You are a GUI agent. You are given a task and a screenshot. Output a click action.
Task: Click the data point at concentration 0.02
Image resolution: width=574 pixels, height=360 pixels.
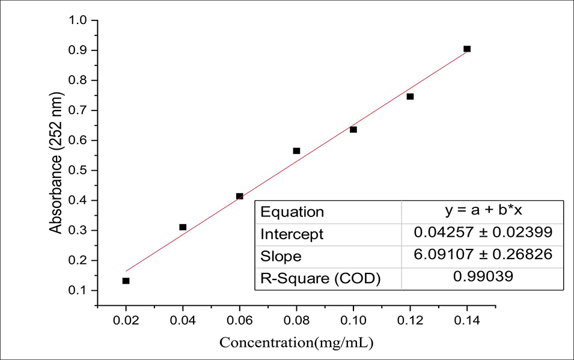point(126,281)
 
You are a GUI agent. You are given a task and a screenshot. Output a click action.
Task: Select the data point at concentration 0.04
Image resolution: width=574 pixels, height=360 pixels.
point(183,227)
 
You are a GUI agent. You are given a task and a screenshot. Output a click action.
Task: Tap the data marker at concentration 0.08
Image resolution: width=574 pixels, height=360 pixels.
point(296,151)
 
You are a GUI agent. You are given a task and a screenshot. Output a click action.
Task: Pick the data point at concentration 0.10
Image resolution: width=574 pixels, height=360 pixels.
point(353,130)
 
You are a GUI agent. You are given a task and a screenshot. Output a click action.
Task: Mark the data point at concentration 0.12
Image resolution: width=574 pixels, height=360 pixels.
point(410,96)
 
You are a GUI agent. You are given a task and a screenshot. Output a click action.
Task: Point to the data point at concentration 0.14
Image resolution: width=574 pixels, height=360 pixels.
point(467,49)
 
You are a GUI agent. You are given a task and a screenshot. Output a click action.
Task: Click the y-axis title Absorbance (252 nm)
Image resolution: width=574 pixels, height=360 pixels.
point(56,163)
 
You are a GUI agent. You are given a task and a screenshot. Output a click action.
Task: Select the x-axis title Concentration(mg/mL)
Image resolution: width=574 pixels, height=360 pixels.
point(296,343)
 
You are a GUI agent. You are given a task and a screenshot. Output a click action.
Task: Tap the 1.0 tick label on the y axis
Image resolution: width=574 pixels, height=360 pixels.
point(79,20)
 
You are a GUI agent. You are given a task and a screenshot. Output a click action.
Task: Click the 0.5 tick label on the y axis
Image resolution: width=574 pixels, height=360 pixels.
point(79,171)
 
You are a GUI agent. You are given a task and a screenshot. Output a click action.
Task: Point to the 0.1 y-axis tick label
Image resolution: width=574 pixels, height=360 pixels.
point(79,291)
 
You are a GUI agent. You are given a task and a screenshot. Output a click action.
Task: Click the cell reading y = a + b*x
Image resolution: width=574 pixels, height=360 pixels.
point(482,211)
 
